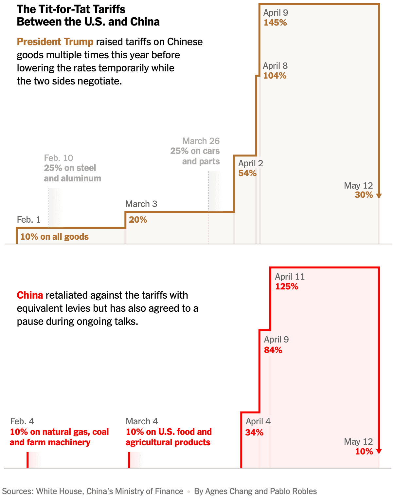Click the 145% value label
point(275,23)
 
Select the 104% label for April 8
point(275,76)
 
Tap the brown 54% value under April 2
point(247,173)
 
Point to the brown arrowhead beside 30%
point(379,196)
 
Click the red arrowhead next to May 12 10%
point(379,451)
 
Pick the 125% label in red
point(287,286)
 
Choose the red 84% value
point(273,350)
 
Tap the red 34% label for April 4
point(254,433)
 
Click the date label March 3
point(141,204)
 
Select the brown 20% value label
point(138,220)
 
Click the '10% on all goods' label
point(54,237)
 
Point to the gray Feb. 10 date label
point(59,158)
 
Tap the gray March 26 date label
point(201,141)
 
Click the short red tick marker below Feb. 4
point(28,460)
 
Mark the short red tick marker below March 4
point(129,460)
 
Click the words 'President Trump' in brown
point(55,42)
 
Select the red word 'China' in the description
point(30,295)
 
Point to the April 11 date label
point(290,277)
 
